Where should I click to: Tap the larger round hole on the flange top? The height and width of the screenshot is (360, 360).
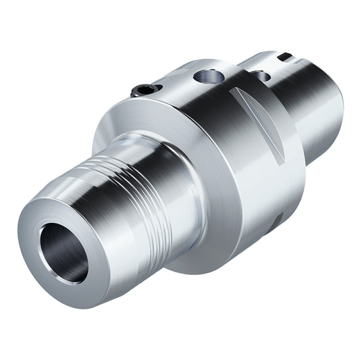[205, 76]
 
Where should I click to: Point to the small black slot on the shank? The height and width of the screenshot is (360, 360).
[286, 57]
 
